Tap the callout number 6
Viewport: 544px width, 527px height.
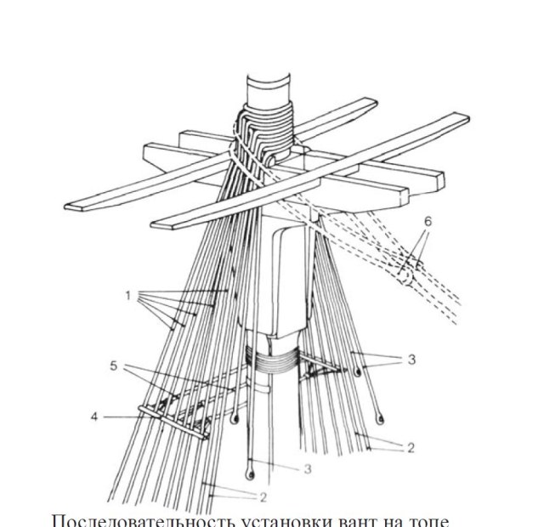[428, 220]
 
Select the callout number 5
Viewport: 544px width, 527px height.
[114, 366]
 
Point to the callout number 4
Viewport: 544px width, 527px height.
[94, 416]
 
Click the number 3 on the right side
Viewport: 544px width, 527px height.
[411, 360]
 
